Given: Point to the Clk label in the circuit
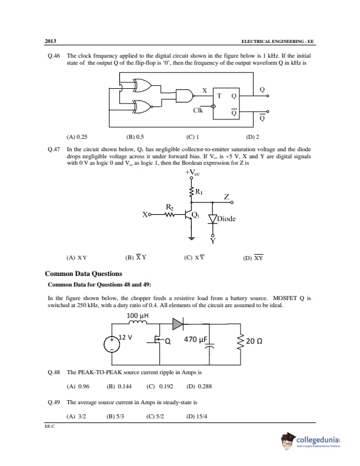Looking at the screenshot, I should coord(198,110).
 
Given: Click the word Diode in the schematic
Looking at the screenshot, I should coord(226,219).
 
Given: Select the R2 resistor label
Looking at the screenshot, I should coord(170,207).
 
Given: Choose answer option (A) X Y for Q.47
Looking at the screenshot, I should coord(77,257).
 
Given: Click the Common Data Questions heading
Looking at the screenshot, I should coord(84,274).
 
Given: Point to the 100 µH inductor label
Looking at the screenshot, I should coord(138,315).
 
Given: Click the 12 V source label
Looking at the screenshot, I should coord(126,337).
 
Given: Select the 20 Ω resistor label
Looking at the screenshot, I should coord(254,341).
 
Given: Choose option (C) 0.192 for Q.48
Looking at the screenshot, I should coord(159,387).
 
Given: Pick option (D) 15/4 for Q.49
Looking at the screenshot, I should coord(196,417).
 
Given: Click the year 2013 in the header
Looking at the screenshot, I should coord(50,41).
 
